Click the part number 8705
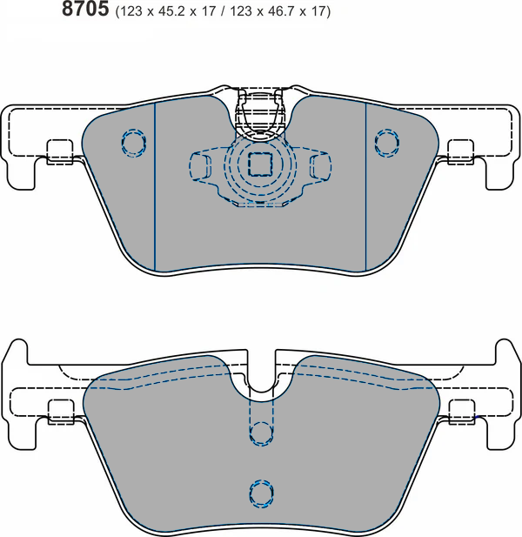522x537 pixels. pyautogui.click(x=84, y=10)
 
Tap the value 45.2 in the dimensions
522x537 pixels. pyautogui.click(x=169, y=12)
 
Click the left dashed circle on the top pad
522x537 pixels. pyautogui.click(x=133, y=142)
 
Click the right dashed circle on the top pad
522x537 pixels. pyautogui.click(x=385, y=141)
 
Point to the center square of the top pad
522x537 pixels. pyautogui.click(x=260, y=164)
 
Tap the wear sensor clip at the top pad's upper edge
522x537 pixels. pyautogui.click(x=260, y=113)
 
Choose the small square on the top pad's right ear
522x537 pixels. pyautogui.click(x=460, y=151)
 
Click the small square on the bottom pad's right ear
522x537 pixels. pyautogui.click(x=460, y=410)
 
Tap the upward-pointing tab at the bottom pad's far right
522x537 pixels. pyautogui.click(x=505, y=352)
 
